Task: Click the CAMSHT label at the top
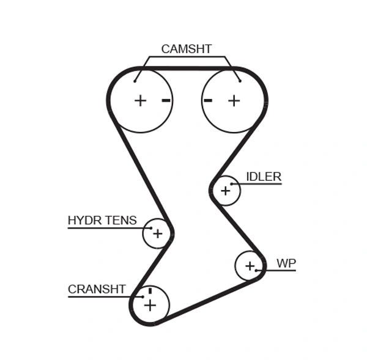tap(186, 49)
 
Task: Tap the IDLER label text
tap(264, 177)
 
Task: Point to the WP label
tap(286, 263)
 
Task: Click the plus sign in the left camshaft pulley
tap(141, 100)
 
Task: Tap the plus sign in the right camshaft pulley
tap(234, 100)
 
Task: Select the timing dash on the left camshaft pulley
tap(166, 100)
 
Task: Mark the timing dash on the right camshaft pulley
tap(208, 100)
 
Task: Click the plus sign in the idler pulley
tap(226, 191)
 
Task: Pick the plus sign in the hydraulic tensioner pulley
tap(158, 233)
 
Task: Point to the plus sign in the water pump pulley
tap(250, 266)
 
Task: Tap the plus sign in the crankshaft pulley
tap(150, 305)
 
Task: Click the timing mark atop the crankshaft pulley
tap(150, 291)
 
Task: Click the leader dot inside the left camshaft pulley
tap(136, 80)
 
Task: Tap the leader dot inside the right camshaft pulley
tap(240, 80)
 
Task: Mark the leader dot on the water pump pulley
tap(257, 270)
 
